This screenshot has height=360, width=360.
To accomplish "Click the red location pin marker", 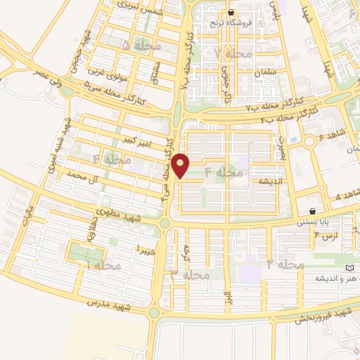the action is [181, 165].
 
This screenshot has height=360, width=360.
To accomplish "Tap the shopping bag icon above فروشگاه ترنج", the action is [231, 13].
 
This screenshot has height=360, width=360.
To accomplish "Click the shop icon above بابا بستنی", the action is [312, 211].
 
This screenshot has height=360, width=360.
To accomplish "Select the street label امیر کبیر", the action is [139, 141].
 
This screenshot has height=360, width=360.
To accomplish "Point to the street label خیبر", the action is [145, 250].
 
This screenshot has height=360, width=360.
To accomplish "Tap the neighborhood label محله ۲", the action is [285, 264].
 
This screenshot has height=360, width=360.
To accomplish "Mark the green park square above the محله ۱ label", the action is [86, 250].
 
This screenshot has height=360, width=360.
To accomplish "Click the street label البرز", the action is [228, 296].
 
